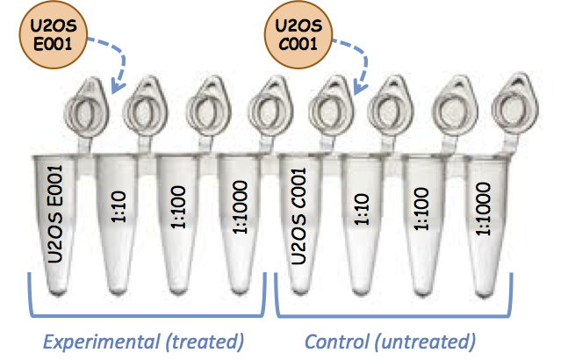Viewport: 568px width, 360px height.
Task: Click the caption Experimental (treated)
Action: [x=142, y=340]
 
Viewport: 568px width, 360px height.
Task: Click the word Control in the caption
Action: [x=334, y=340]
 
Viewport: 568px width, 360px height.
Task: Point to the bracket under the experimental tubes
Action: [x=145, y=312]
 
